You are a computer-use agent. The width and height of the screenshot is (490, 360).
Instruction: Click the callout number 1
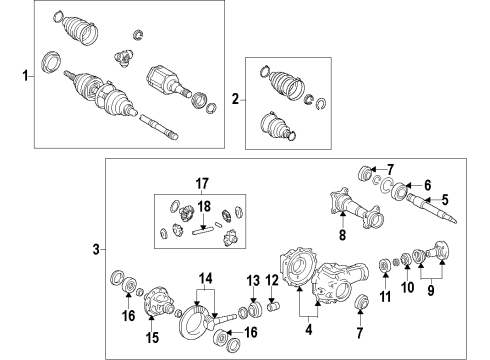tap(25, 75)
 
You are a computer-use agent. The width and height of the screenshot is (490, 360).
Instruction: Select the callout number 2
tap(236, 99)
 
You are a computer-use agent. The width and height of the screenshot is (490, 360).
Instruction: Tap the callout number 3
tap(96, 249)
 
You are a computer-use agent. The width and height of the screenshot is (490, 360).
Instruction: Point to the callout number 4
tap(309, 329)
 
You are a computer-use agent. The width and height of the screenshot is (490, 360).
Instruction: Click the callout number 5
tap(445, 200)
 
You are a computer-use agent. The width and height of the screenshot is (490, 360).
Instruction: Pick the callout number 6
tap(428, 185)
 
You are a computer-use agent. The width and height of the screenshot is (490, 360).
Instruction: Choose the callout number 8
tap(343, 235)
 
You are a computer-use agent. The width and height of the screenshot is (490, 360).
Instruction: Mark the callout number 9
tap(431, 290)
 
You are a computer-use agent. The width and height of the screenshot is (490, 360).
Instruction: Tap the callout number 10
tap(407, 287)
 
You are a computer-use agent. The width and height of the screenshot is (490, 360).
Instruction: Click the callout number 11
tap(385, 296)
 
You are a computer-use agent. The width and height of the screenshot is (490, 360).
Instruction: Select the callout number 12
tap(272, 280)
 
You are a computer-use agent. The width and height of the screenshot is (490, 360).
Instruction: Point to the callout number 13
tap(253, 280)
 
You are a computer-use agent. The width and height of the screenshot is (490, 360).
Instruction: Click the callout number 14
tap(206, 278)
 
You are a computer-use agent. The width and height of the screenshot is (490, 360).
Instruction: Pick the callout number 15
tap(152, 337)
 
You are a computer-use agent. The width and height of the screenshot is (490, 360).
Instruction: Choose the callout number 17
tap(202, 183)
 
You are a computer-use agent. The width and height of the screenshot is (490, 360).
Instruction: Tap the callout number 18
tap(204, 206)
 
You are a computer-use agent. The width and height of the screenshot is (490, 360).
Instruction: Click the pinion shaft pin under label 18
tap(202, 231)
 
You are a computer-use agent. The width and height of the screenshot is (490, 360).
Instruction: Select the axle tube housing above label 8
tap(356, 210)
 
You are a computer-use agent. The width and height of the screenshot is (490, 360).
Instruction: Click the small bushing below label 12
tap(274, 306)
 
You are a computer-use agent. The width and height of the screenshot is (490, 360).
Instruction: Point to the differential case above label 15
tap(158, 300)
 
